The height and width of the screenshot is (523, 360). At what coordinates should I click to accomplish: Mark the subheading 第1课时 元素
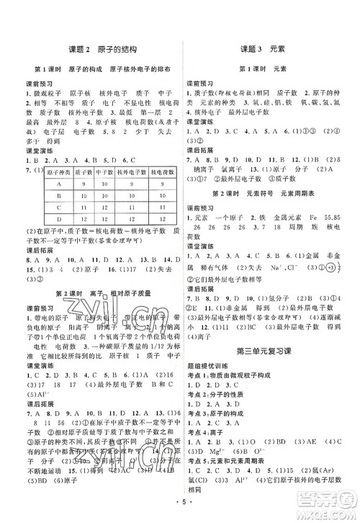[263, 68]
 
